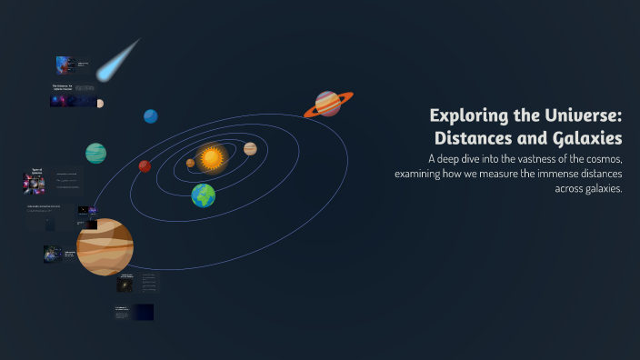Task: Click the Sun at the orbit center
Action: point(212,158)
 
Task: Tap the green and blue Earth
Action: point(204,195)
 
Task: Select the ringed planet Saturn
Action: point(328,104)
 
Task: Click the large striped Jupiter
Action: point(105,246)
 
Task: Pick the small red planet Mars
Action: point(145,165)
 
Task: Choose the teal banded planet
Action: point(95,153)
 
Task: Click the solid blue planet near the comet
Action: point(151,115)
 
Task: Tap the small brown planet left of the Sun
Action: point(190,164)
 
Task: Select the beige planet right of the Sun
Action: point(250,148)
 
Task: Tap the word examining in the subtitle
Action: point(425,174)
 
